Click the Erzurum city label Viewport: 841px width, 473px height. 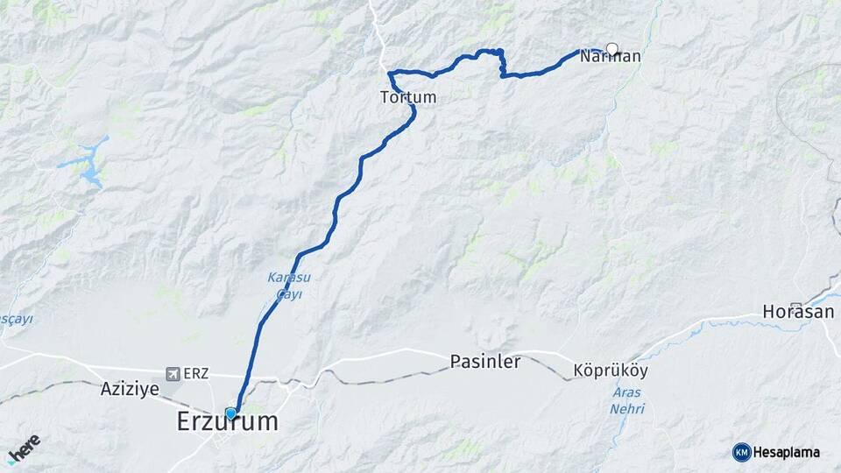point(228,421)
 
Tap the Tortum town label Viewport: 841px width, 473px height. point(408,97)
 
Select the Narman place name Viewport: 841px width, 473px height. point(610,57)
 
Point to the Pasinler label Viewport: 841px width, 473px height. point(485,361)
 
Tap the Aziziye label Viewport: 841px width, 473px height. point(130,389)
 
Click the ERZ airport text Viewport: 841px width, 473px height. point(196,374)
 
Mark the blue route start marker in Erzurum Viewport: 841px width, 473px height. point(230,413)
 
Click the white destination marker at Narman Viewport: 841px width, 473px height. point(611,49)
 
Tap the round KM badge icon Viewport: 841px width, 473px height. point(741,452)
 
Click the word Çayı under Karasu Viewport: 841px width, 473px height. point(289,295)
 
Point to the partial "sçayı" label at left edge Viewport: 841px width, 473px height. point(15,319)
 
